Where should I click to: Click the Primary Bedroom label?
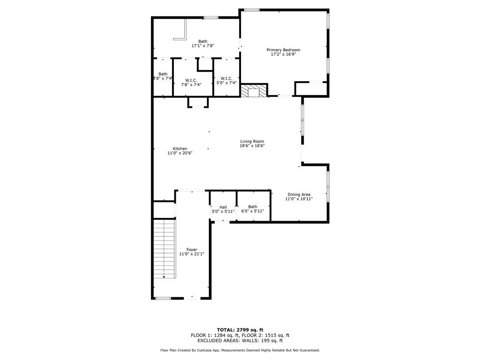click(283, 50)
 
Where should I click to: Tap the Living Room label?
click(252, 142)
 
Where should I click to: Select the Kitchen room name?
click(180, 149)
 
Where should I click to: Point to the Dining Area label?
click(299, 195)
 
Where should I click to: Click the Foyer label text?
click(192, 249)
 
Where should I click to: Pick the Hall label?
click(223, 207)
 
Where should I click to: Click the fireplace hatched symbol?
click(254, 90)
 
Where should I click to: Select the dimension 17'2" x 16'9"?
click(283, 54)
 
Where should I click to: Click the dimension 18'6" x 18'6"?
click(252, 146)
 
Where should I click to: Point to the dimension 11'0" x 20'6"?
click(180, 153)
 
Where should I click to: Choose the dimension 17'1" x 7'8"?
click(202, 45)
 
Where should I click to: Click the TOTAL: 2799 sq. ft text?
click(240, 330)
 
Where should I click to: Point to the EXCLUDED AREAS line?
click(240, 340)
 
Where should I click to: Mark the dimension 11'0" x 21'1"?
click(192, 254)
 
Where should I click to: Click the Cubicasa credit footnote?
click(240, 350)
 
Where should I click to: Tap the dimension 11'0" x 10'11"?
click(299, 199)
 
